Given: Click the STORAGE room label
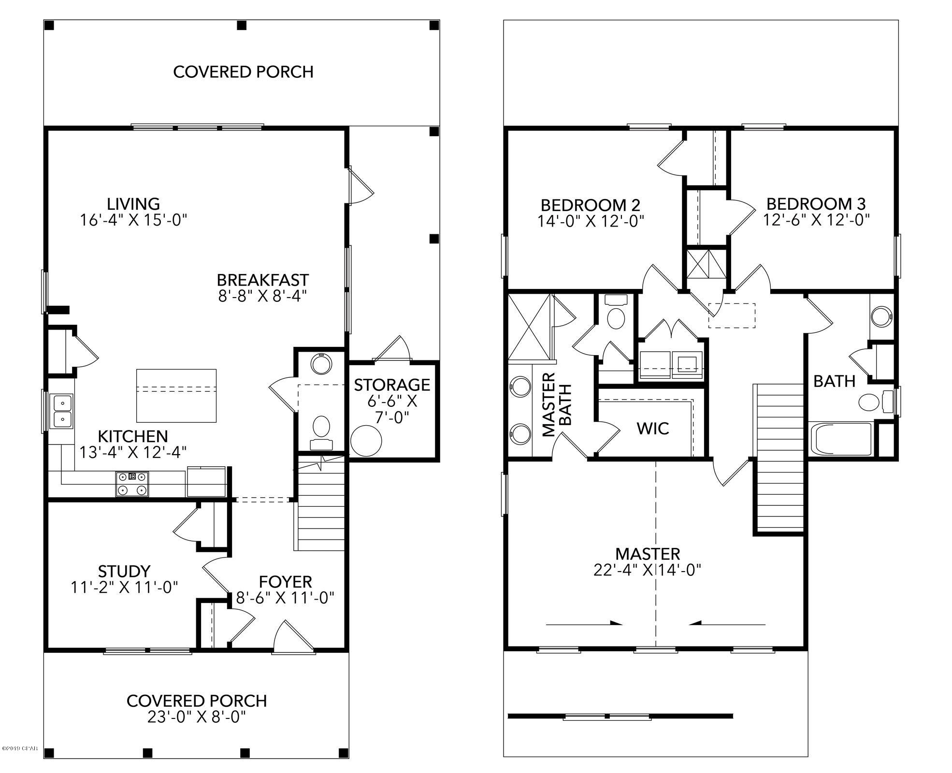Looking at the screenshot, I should (392, 385).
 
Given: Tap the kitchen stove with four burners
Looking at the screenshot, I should (132, 484).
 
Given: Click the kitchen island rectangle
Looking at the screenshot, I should (176, 396).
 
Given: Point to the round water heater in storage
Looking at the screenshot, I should (366, 441).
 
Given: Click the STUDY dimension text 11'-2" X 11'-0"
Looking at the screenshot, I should (125, 587).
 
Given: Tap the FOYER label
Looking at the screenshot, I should (285, 581).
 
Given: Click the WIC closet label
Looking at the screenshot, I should (653, 429).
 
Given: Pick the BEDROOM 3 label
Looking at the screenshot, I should (816, 203).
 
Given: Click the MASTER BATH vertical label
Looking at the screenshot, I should (557, 404).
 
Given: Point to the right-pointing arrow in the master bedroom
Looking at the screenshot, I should (584, 623).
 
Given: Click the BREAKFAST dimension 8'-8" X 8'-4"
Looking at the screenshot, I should (262, 296).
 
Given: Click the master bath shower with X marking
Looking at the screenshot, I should (529, 328).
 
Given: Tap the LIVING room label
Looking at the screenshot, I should (133, 204).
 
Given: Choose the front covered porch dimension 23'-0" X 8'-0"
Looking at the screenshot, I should (196, 716).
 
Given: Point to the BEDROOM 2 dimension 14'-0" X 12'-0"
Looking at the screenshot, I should (591, 221).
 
